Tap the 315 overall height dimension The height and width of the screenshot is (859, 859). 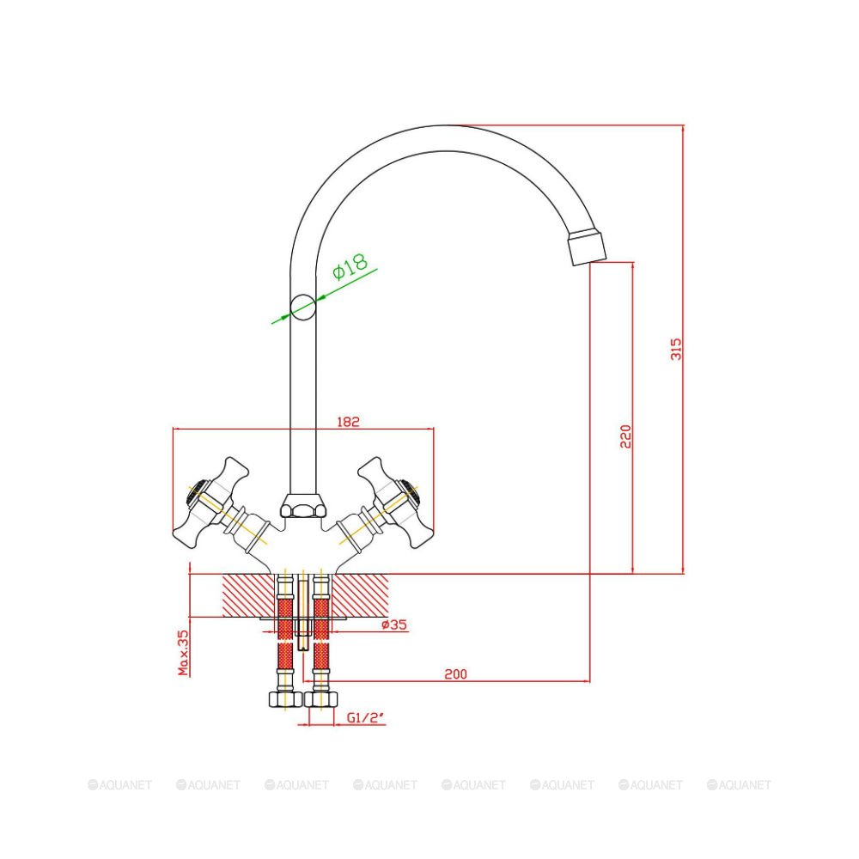[x=677, y=349]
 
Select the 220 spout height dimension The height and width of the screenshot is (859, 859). [x=625, y=436]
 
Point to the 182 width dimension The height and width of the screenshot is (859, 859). [x=348, y=422]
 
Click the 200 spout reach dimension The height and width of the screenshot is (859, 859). [x=456, y=673]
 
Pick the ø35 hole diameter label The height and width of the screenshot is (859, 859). [x=394, y=624]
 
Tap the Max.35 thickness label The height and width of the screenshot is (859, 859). [x=183, y=652]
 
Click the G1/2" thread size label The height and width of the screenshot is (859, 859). [x=365, y=717]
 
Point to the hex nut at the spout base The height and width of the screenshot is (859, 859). [x=303, y=506]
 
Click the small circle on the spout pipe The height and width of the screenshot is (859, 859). [x=303, y=307]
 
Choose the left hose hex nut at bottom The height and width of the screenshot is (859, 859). [x=285, y=699]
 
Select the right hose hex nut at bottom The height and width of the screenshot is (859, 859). [x=321, y=699]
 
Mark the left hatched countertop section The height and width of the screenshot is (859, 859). [x=248, y=595]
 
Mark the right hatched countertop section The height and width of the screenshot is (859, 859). [x=361, y=595]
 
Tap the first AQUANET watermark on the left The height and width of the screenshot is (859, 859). [x=120, y=785]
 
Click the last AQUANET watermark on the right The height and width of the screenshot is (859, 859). [x=739, y=785]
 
